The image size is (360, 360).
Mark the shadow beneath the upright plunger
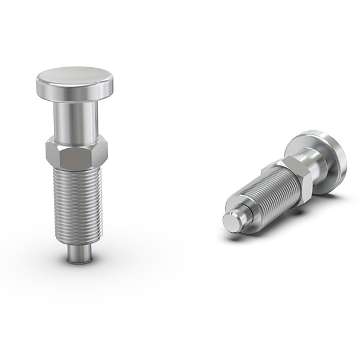pyautogui.click(x=78, y=262)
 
